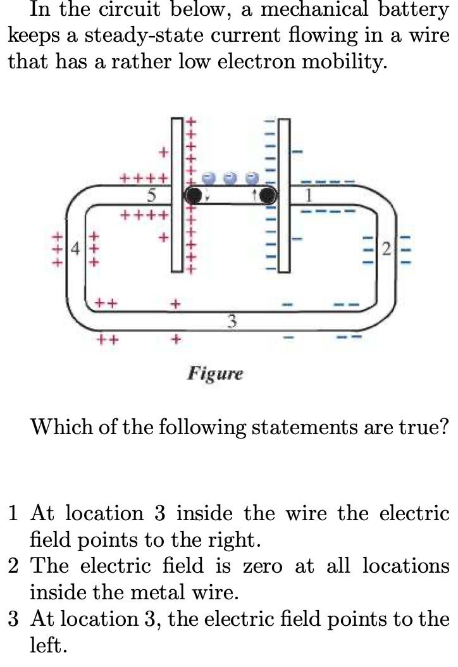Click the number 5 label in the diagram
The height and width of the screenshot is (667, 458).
(151, 196)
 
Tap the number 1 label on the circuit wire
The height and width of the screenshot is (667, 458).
(309, 196)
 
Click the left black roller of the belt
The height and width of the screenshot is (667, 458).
(194, 195)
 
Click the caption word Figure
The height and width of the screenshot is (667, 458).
(215, 373)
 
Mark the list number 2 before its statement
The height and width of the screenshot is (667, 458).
(14, 566)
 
